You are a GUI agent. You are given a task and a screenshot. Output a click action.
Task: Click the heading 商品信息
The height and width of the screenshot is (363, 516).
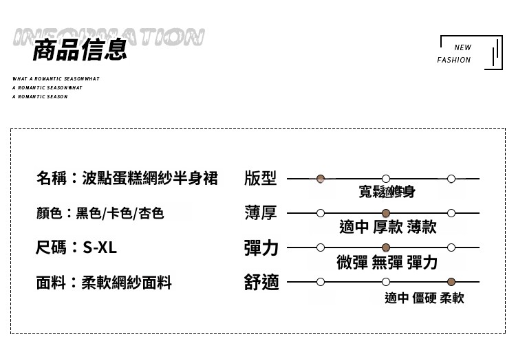(80, 50)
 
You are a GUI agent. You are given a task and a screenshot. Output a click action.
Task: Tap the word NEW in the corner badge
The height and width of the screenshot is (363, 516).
(463, 48)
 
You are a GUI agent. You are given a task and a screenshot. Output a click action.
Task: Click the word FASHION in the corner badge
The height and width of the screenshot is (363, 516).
(454, 60)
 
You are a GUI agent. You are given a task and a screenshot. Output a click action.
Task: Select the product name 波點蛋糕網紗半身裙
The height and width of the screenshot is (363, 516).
(149, 179)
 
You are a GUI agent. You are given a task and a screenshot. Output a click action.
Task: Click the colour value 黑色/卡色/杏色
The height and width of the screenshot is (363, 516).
(120, 213)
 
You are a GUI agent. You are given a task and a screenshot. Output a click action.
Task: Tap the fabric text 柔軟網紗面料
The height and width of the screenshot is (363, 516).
(127, 282)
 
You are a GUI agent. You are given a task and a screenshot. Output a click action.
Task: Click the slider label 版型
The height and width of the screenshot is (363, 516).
(260, 179)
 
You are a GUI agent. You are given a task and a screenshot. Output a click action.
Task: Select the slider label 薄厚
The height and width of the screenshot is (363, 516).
(260, 213)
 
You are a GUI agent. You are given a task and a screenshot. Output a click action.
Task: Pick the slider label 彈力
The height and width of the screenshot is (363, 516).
(261, 247)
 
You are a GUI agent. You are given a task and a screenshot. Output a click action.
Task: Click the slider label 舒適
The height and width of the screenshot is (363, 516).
(261, 282)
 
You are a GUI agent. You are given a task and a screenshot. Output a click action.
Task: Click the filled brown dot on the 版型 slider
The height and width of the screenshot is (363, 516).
(321, 179)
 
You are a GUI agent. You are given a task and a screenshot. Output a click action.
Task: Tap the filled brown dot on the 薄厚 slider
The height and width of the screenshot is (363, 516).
(386, 213)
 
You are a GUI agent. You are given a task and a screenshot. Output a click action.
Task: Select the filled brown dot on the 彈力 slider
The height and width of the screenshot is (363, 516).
(386, 247)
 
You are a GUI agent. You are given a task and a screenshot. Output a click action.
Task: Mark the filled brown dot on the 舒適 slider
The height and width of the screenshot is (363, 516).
(451, 282)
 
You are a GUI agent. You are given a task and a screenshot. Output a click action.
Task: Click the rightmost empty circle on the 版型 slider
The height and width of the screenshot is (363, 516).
(451, 179)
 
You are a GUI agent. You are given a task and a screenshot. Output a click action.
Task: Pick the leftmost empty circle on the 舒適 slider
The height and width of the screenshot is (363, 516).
(321, 282)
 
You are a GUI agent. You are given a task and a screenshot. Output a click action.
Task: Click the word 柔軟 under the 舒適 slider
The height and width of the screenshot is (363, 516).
(452, 298)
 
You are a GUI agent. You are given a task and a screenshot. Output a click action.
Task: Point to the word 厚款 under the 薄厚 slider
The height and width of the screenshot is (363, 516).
(388, 228)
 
